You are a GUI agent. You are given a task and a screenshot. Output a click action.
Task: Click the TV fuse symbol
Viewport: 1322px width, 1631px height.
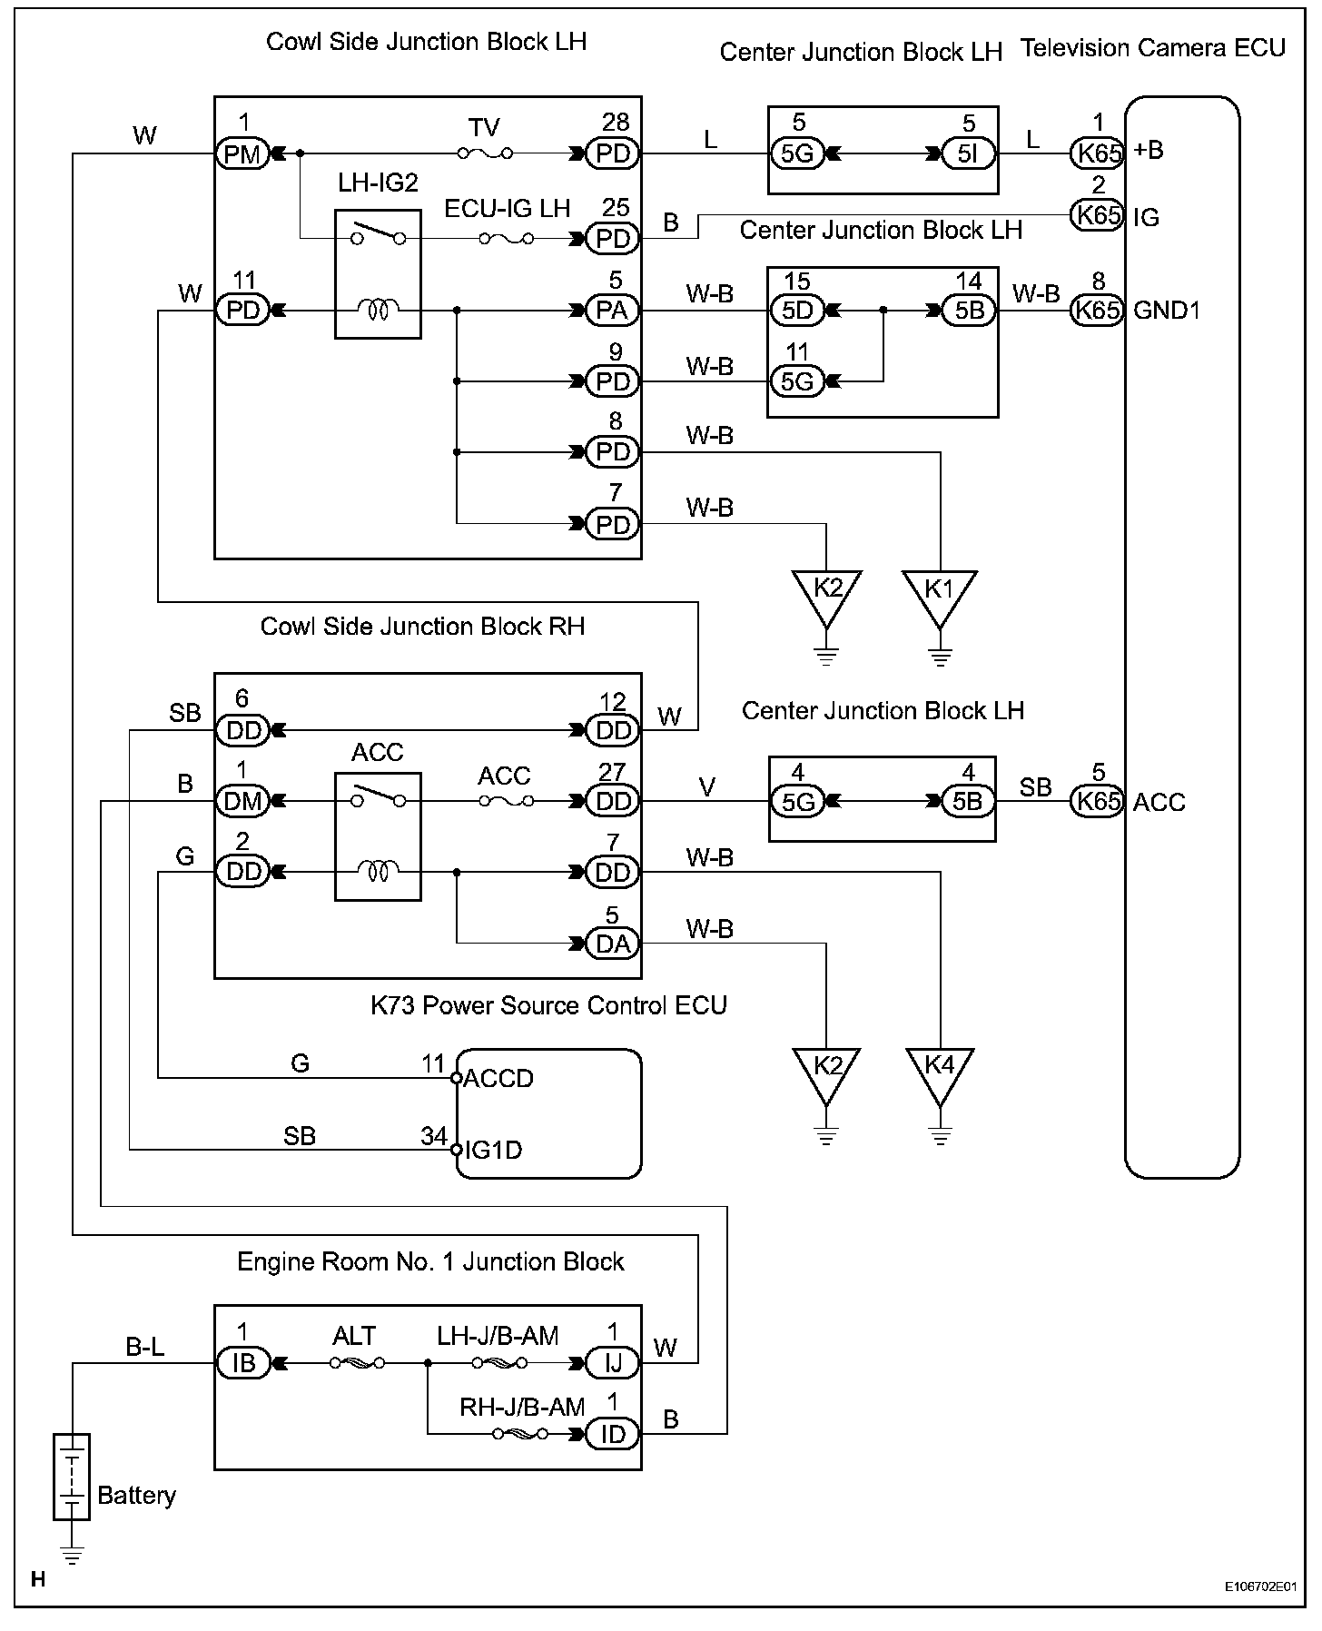point(485,153)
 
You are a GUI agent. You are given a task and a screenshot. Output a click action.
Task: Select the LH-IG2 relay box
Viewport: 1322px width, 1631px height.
point(378,274)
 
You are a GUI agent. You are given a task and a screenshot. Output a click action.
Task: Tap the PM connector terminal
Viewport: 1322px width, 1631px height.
point(242,153)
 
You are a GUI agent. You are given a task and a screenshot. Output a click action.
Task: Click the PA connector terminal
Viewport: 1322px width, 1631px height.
point(613,311)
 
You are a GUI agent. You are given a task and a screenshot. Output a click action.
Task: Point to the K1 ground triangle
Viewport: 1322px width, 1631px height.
point(940,596)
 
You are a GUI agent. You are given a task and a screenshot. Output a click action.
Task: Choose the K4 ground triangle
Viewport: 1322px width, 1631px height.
point(940,1075)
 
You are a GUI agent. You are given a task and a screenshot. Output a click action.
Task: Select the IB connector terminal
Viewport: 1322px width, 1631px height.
point(242,1363)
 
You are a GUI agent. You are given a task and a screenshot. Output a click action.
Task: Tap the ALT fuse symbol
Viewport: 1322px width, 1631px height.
point(357,1363)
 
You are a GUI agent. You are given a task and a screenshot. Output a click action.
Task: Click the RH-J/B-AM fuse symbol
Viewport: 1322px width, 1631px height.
point(520,1434)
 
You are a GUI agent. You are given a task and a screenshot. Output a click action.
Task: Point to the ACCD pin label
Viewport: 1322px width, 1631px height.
point(498,1079)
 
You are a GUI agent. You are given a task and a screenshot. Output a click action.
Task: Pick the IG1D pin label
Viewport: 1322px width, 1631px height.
point(493,1151)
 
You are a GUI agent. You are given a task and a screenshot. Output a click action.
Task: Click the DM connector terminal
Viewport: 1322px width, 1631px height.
point(242,801)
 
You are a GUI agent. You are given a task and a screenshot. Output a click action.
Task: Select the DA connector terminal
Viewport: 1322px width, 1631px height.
point(613,944)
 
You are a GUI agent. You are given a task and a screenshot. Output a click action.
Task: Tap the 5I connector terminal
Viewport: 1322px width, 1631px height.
point(969,153)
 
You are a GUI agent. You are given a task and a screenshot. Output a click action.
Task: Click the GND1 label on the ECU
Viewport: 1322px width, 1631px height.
point(1167,311)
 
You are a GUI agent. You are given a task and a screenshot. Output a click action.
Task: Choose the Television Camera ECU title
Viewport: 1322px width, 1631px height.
point(1153,48)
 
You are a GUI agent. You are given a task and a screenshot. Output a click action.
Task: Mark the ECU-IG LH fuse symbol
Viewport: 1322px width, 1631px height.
point(507,239)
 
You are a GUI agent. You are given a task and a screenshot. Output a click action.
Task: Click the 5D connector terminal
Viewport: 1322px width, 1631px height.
point(797,311)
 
